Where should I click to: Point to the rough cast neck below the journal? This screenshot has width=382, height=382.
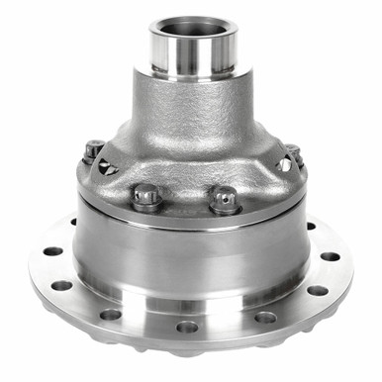pyautogui.click(x=191, y=109)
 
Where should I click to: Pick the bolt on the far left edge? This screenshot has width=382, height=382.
pyautogui.click(x=93, y=149)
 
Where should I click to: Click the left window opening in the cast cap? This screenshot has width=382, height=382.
pyautogui.click(x=108, y=167)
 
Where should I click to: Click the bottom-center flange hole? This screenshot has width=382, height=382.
pyautogui.click(x=187, y=327)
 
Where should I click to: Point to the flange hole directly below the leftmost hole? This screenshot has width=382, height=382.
pyautogui.click(x=61, y=285)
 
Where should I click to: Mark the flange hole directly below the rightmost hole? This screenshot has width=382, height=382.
pyautogui.click(x=317, y=290)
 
